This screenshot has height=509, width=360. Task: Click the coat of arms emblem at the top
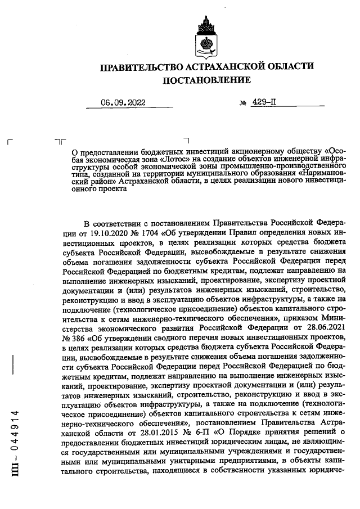click(206, 35)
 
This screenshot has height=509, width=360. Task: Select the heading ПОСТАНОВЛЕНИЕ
click(206, 80)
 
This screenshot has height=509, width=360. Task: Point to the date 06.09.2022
click(123, 103)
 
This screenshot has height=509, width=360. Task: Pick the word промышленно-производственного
click(296, 167)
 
